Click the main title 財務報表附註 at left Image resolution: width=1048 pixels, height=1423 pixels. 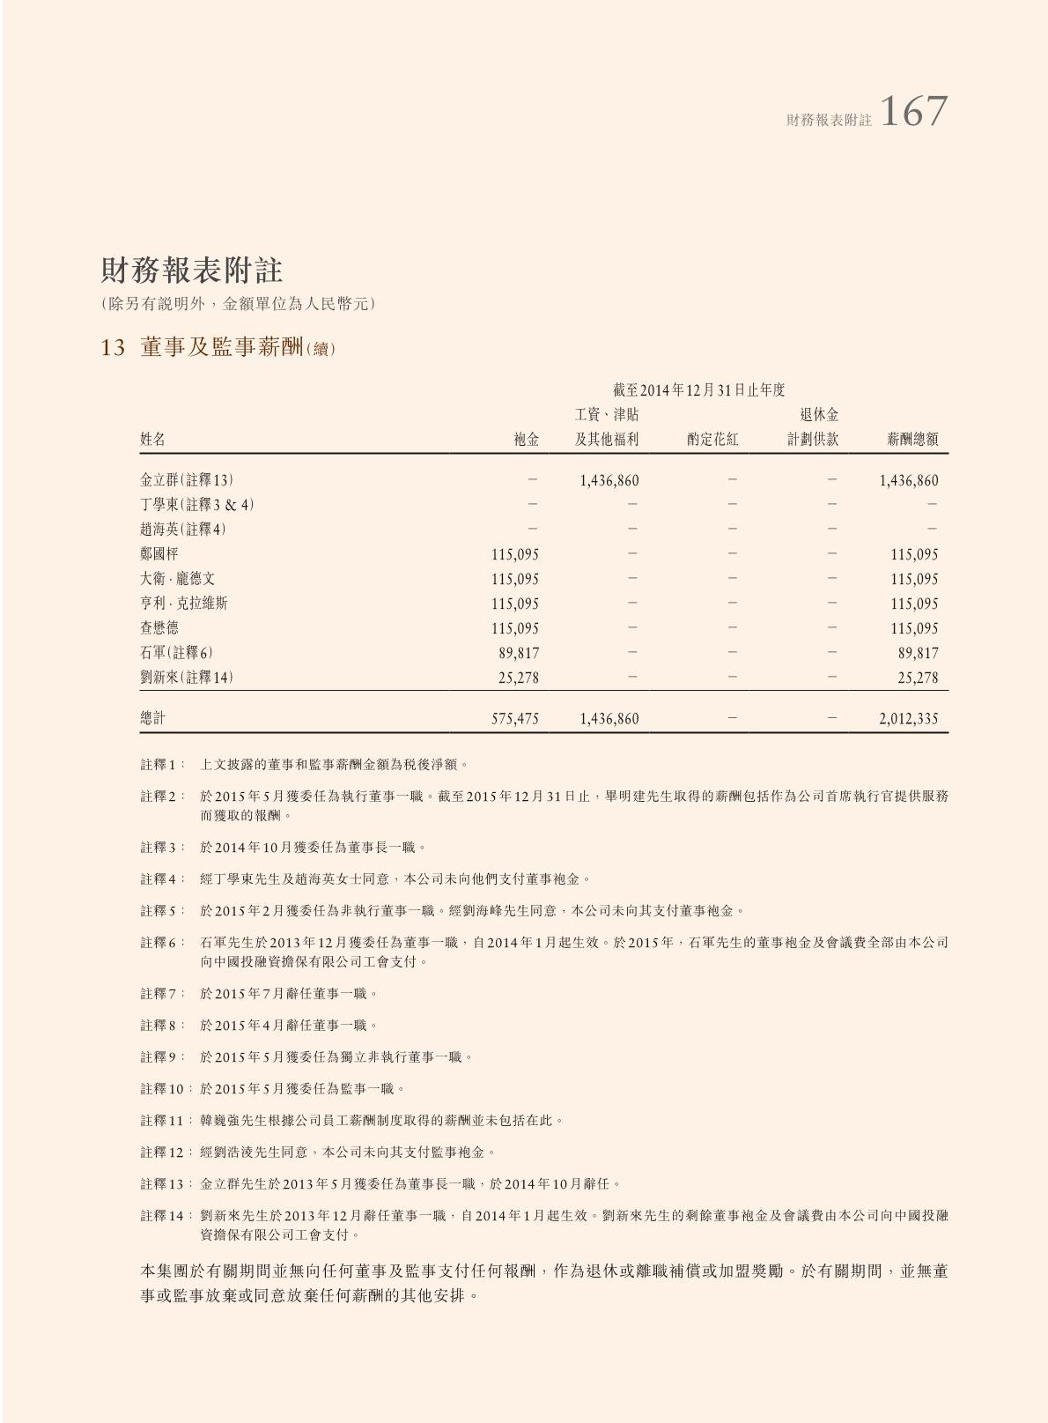[x=191, y=270]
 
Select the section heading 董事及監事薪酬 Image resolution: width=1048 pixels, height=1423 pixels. [x=220, y=348]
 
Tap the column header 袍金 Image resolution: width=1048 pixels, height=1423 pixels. [x=526, y=440]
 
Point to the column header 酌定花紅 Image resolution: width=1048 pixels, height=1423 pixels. [x=712, y=440]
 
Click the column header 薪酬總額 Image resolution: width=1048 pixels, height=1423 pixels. [x=911, y=440]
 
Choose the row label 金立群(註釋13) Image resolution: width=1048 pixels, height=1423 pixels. [x=187, y=480]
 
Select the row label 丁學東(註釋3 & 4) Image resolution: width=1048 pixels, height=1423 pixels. [x=197, y=505]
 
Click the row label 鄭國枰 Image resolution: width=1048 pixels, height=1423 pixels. [x=159, y=554]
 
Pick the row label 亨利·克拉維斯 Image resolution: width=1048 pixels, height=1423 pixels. [x=183, y=604]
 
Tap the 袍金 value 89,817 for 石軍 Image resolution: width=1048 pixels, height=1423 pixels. [x=519, y=654]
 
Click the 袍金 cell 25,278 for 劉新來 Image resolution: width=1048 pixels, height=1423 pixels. [x=519, y=678]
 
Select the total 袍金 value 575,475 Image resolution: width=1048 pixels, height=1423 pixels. [x=515, y=719]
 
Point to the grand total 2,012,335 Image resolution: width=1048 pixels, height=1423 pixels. [x=908, y=719]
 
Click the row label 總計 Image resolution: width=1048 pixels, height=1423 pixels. [x=153, y=718]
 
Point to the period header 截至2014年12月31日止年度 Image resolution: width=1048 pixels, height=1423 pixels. [x=698, y=389]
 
